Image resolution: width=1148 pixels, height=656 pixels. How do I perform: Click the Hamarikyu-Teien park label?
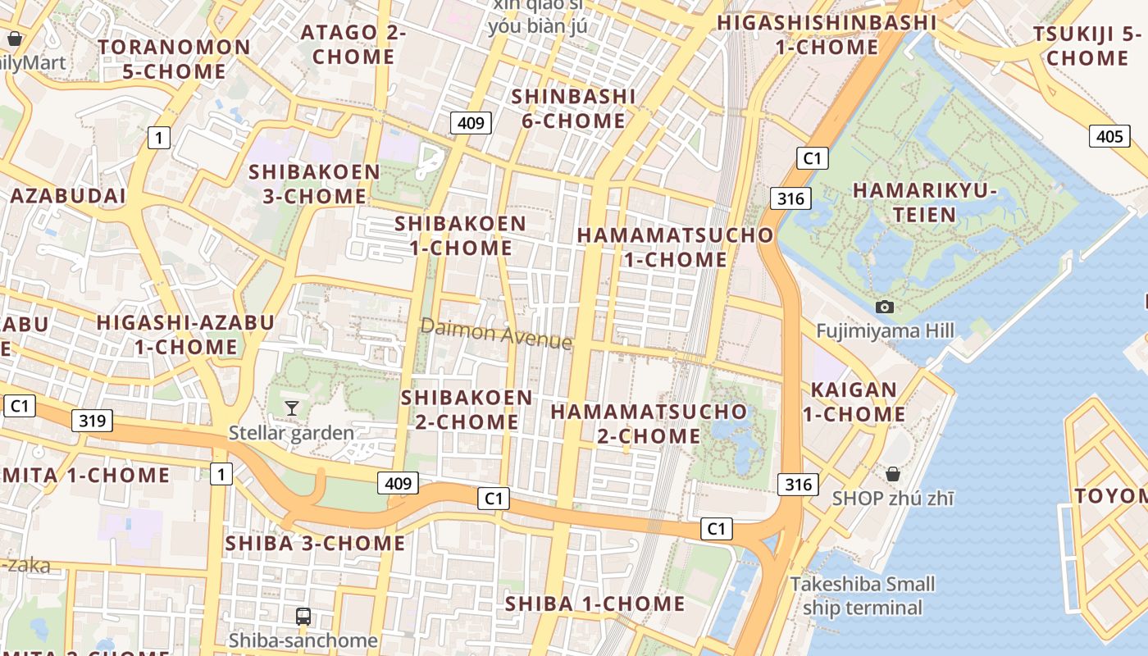(x=925, y=203)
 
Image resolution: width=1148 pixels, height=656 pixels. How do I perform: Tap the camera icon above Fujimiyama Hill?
(x=885, y=307)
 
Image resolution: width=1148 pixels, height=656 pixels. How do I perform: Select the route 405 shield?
(x=1109, y=136)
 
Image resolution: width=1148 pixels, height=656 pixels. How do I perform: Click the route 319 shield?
(x=92, y=421)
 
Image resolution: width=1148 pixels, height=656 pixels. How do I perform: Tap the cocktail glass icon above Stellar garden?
(x=291, y=408)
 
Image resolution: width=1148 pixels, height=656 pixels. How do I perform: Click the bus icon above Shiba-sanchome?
(x=303, y=616)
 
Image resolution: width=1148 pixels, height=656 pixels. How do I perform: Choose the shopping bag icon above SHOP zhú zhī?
(x=893, y=474)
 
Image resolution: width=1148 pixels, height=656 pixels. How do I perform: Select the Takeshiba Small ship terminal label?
(x=863, y=596)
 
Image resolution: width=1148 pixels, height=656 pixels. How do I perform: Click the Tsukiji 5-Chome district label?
(x=1087, y=46)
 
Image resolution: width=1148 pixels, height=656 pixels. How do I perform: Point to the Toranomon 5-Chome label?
(x=174, y=59)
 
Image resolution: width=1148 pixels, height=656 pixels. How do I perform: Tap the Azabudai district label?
(x=68, y=196)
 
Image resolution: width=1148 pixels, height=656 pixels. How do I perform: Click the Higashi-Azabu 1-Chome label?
(x=185, y=335)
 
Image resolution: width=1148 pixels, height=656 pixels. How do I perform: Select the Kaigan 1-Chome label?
(x=854, y=402)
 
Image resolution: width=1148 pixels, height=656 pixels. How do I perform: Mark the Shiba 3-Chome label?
(x=315, y=543)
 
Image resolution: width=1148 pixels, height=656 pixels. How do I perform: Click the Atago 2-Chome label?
(x=353, y=45)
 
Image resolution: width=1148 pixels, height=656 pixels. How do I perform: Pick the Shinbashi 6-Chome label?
(x=573, y=108)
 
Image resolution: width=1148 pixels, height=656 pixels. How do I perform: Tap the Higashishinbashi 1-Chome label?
(x=827, y=34)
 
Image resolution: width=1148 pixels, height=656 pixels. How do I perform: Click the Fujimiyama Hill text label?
(x=885, y=330)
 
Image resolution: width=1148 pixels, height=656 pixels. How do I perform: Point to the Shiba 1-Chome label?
(x=594, y=604)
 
